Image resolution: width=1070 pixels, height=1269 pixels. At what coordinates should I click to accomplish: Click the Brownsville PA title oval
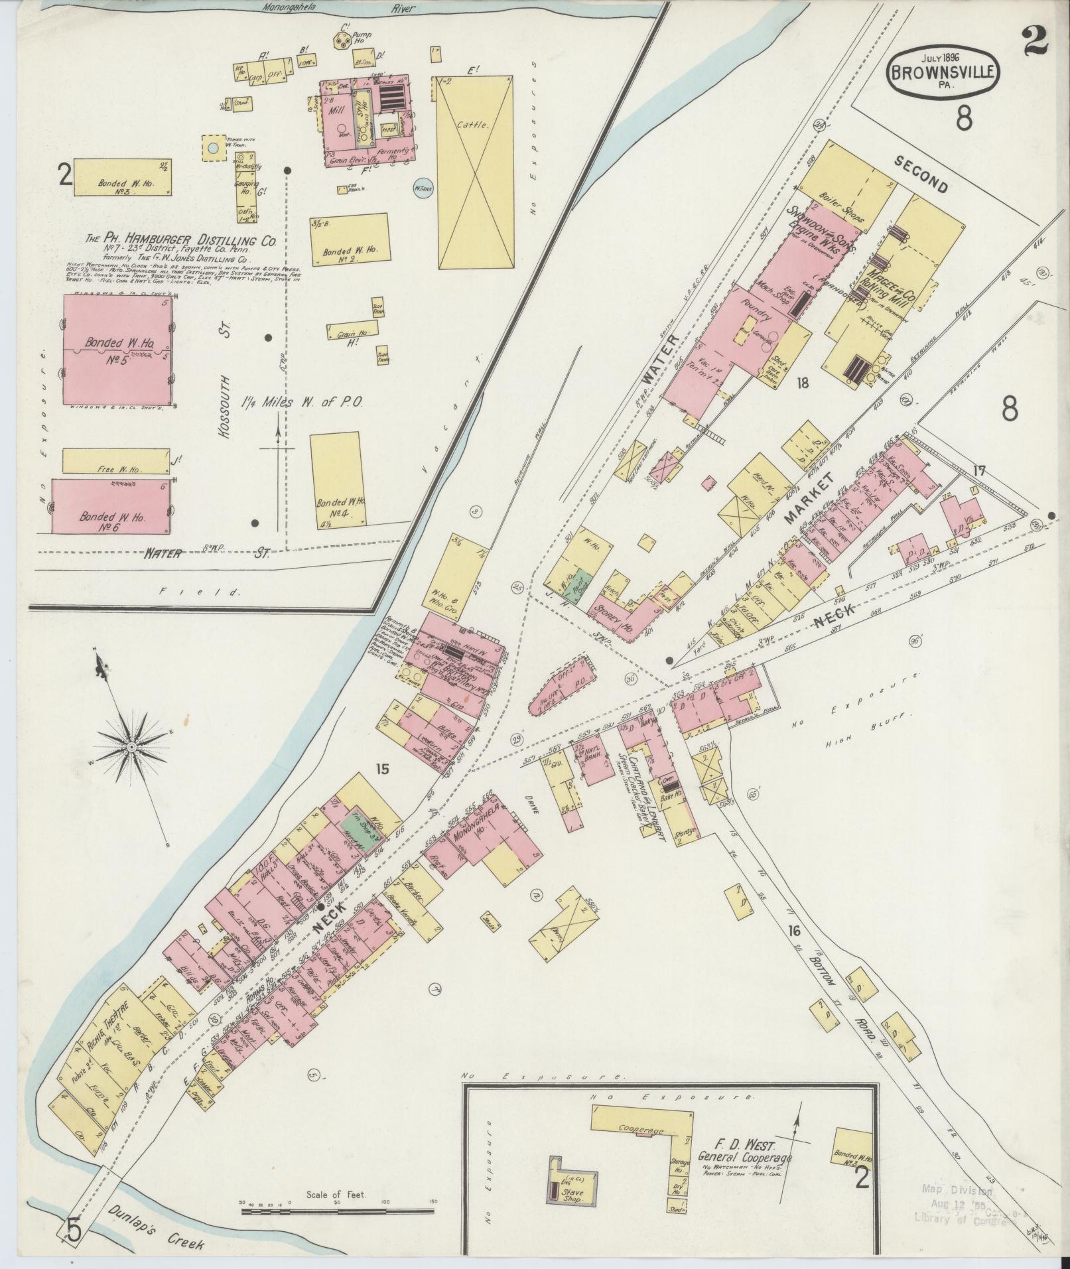943,69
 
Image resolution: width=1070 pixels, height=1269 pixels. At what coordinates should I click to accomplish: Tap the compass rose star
131,748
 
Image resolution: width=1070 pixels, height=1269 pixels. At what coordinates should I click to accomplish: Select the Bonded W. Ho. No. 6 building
111,505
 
